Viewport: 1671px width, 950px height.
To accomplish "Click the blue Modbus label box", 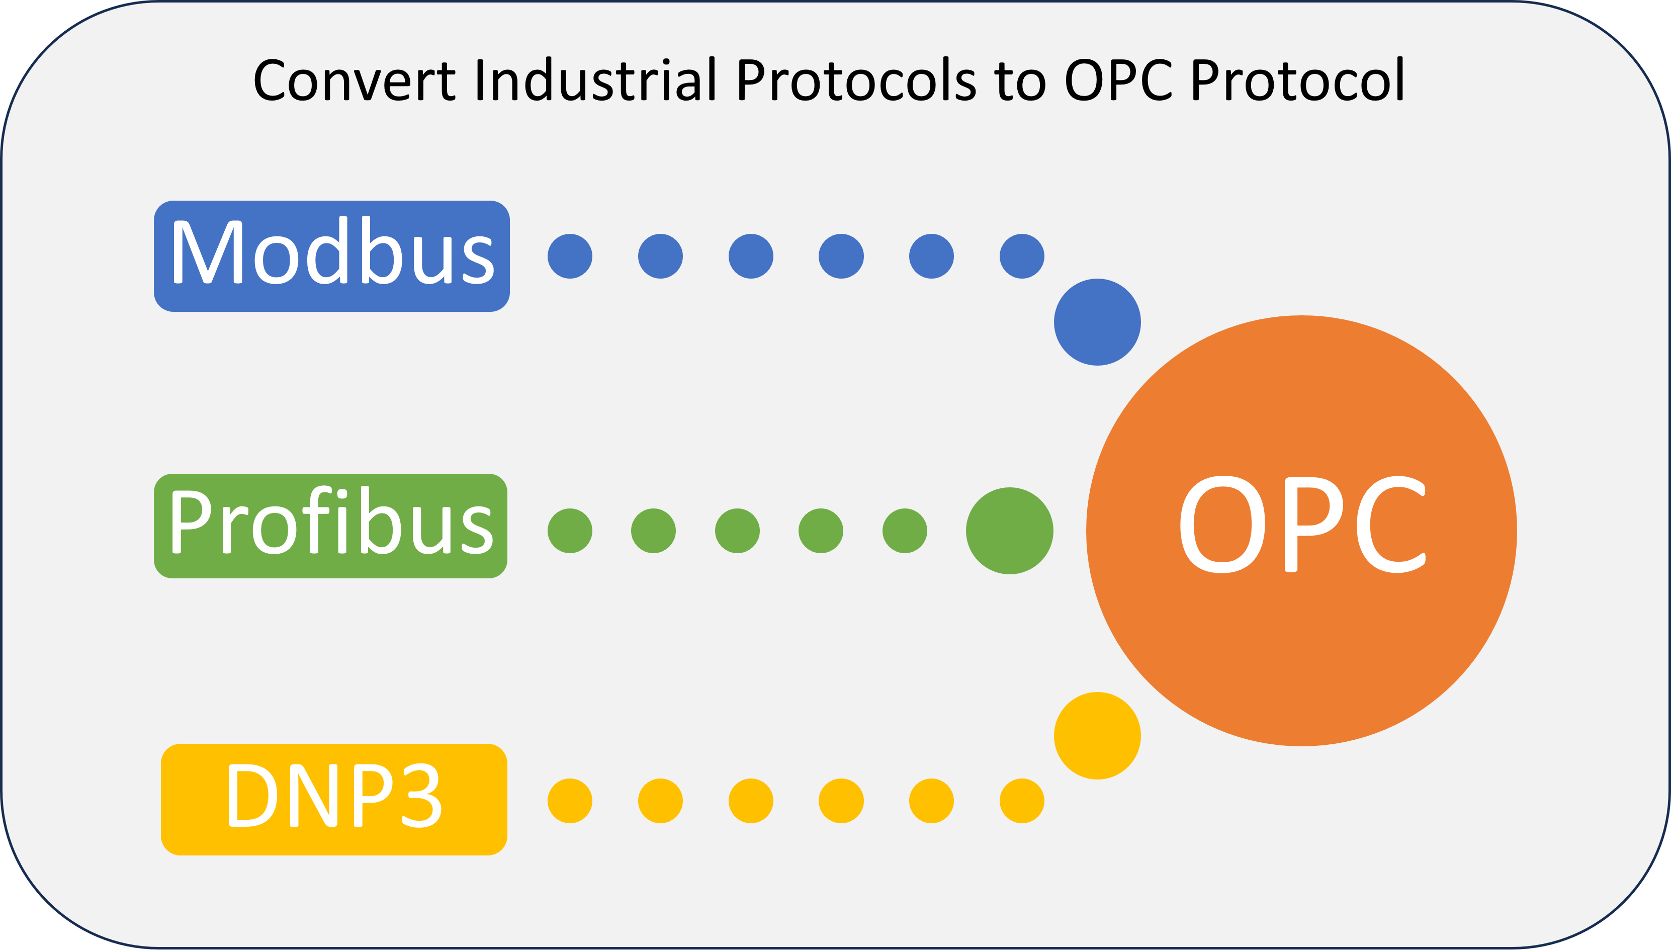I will pyautogui.click(x=331, y=256).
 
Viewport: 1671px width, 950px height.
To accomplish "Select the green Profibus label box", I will pyautogui.click(x=331, y=526).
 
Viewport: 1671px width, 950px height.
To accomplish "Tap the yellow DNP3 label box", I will pyautogui.click(x=334, y=799).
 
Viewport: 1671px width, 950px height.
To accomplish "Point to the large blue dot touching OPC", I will pyautogui.click(x=1097, y=322).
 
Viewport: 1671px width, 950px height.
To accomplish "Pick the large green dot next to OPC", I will pyautogui.click(x=1010, y=531).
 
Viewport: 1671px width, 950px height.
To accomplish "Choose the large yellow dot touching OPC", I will pyautogui.click(x=1097, y=735).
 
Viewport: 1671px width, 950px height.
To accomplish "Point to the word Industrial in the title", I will pyautogui.click(x=595, y=79).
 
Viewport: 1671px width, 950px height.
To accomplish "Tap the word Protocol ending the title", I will pyautogui.click(x=1298, y=79).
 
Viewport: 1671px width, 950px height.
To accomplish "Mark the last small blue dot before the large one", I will pyautogui.click(x=1022, y=256).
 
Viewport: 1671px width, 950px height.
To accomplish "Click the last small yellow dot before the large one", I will pyautogui.click(x=1022, y=801).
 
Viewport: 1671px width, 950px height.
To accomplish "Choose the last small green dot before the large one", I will pyautogui.click(x=905, y=531).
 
